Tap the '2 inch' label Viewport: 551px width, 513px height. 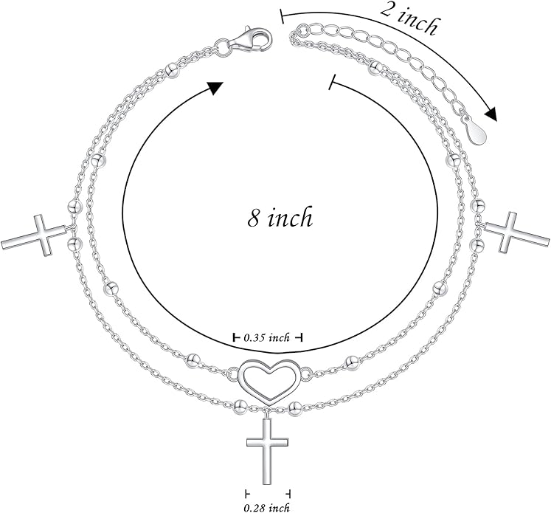[x=409, y=18]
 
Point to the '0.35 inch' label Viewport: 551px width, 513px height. [x=267, y=338]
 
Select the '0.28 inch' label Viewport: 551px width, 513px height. [x=267, y=507]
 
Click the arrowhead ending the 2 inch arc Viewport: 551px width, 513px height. [x=491, y=112]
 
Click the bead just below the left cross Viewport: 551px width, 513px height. [x=74, y=244]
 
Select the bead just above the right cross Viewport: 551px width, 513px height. [x=477, y=205]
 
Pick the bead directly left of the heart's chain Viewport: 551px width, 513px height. [x=193, y=359]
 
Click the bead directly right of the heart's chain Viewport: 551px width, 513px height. [x=352, y=362]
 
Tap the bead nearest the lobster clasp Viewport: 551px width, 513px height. [x=172, y=69]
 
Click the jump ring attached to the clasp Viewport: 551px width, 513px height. [x=221, y=47]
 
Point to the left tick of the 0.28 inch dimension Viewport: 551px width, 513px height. [x=247, y=493]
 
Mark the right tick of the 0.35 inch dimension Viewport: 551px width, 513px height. [x=300, y=338]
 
